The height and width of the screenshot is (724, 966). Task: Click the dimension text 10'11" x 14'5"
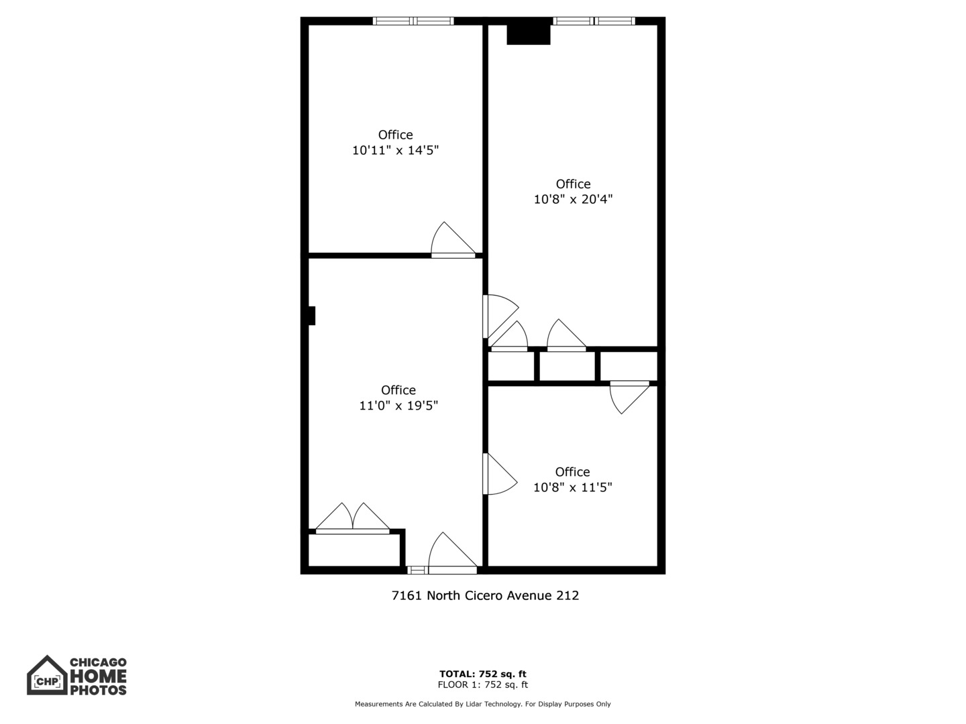395,150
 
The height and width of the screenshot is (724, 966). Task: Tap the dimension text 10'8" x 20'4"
573,199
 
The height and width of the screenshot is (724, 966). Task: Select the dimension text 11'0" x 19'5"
398,406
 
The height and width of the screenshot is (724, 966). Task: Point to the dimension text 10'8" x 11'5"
572,487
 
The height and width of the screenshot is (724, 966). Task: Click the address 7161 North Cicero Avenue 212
485,595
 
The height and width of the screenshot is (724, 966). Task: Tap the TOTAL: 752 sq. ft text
482,674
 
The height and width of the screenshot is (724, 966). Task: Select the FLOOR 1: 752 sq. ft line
482,685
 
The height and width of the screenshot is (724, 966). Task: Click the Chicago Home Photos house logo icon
47,676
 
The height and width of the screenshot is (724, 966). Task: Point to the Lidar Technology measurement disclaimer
482,704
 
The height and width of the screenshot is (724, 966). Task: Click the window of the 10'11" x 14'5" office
413,21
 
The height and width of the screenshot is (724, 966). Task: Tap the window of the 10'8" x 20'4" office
594,21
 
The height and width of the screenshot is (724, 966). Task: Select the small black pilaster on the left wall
311,316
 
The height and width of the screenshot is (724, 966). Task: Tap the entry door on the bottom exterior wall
452,555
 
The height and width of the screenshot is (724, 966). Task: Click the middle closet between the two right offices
567,367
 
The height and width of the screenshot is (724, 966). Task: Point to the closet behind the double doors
354,550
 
